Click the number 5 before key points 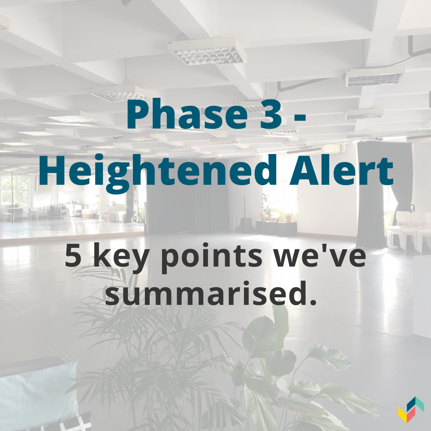[73, 256]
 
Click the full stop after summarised [311, 301]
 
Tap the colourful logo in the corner [411, 409]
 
